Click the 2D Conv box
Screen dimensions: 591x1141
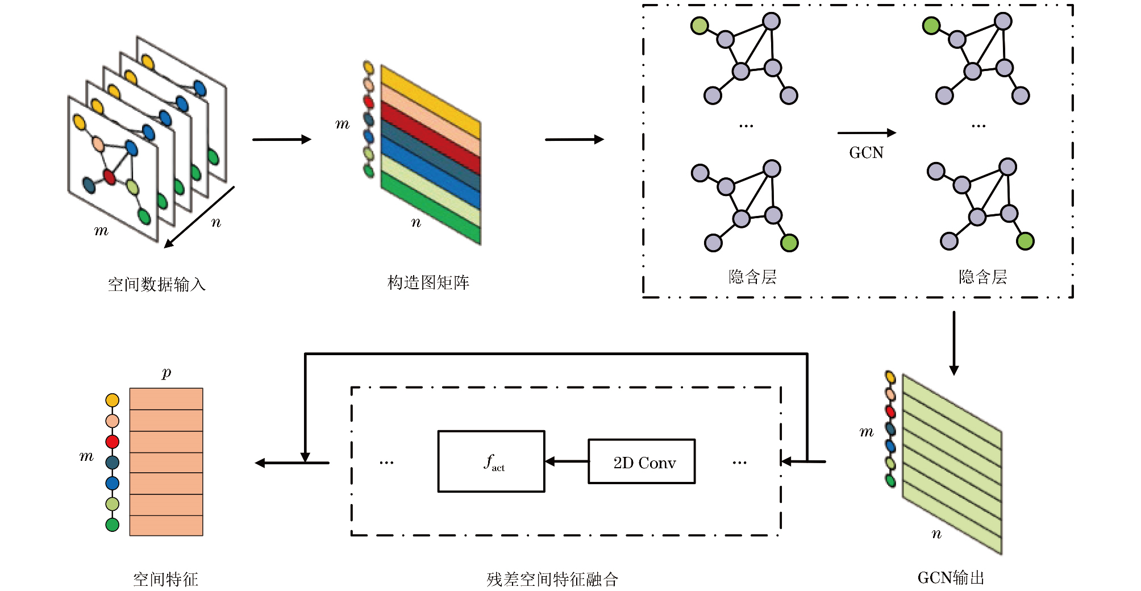[x=641, y=461]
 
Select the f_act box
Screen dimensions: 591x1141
[x=491, y=461]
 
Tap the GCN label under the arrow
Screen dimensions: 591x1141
[x=866, y=153]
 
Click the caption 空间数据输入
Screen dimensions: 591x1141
[x=156, y=284]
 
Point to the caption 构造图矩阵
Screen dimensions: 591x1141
[x=428, y=282]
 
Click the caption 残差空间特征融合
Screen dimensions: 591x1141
[x=552, y=579]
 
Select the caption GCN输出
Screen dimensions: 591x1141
[x=951, y=578]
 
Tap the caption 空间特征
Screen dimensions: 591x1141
[x=165, y=579]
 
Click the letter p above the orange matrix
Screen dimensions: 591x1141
[x=166, y=373]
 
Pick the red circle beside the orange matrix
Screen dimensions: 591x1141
[x=113, y=442]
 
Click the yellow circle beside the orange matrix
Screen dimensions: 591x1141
[x=113, y=400]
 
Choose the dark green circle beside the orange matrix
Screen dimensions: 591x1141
[x=113, y=525]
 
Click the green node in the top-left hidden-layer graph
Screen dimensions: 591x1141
[x=699, y=26]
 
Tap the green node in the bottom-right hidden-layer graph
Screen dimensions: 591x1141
[x=1025, y=242]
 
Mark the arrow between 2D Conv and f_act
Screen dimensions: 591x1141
[x=566, y=461]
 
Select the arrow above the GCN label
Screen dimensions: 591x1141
[x=866, y=133]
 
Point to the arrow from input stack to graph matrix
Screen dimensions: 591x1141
[x=282, y=139]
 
